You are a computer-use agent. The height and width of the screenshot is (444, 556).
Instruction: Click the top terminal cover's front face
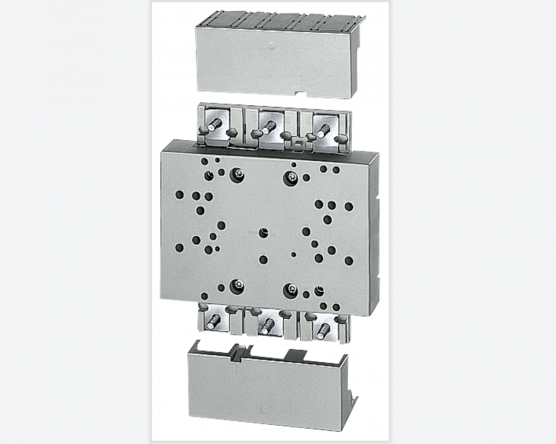coord(272,61)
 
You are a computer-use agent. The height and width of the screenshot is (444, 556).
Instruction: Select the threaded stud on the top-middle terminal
coord(269,127)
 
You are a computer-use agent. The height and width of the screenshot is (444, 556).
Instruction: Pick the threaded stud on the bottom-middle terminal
coord(267,324)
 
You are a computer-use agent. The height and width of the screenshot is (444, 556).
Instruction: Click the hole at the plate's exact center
coord(264,233)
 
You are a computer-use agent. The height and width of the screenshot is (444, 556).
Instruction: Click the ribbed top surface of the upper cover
coord(278,21)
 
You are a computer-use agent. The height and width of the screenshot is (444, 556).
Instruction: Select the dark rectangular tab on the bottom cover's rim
coord(295,354)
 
